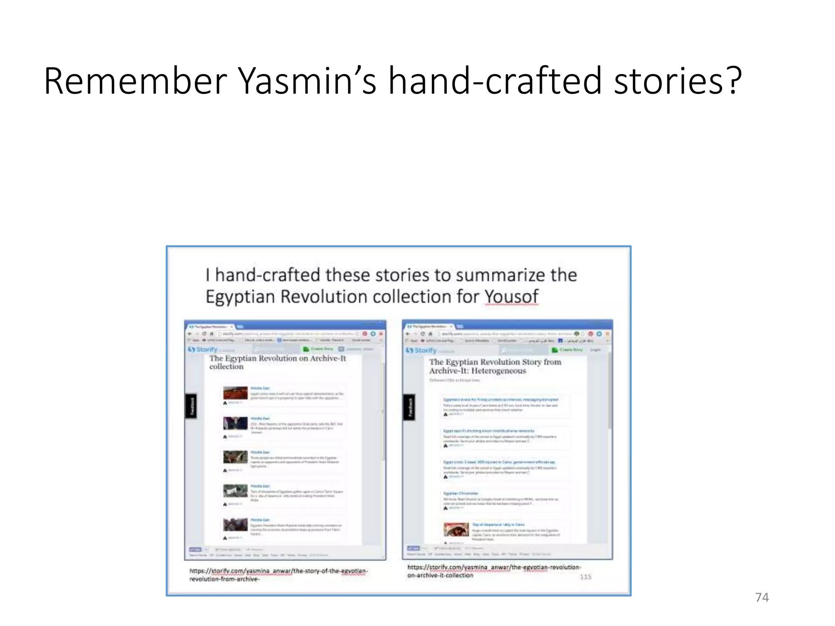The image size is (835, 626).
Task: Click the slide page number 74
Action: pyautogui.click(x=762, y=597)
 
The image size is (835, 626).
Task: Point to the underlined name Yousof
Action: pyautogui.click(x=511, y=297)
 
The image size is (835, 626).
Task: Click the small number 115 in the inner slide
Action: pyautogui.click(x=585, y=577)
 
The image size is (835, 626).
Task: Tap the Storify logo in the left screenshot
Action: pyautogui.click(x=203, y=349)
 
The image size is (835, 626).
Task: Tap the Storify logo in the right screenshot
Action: pyautogui.click(x=421, y=350)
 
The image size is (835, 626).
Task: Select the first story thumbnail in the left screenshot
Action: pyautogui.click(x=235, y=393)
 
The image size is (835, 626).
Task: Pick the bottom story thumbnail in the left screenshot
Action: pyautogui.click(x=235, y=524)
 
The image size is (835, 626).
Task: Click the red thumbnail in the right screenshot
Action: pyautogui.click(x=456, y=529)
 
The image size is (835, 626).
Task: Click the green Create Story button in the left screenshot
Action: pyautogui.click(x=318, y=349)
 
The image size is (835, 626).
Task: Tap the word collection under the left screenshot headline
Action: pyautogui.click(x=226, y=366)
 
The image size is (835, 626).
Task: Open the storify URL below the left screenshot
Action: pyautogui.click(x=278, y=575)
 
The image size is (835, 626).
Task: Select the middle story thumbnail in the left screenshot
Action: pyautogui.click(x=235, y=457)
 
